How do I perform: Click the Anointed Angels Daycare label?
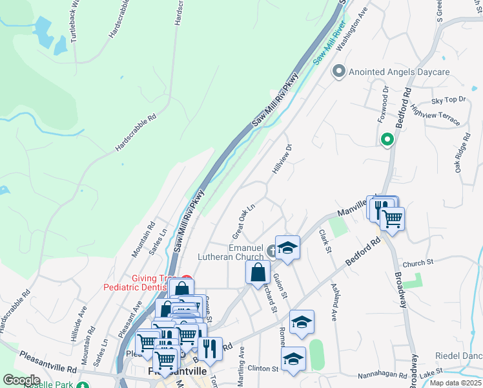(x=399, y=72)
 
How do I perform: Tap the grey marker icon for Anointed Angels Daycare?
(x=338, y=72)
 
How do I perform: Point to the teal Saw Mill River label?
(x=329, y=43)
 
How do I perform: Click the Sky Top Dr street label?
(x=448, y=100)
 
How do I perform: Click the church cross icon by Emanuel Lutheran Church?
(x=273, y=251)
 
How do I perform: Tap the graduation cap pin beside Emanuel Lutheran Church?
(x=288, y=248)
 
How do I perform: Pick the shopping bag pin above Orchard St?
(x=258, y=272)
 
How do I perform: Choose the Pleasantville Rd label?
(x=48, y=361)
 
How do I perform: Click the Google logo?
(x=21, y=380)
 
